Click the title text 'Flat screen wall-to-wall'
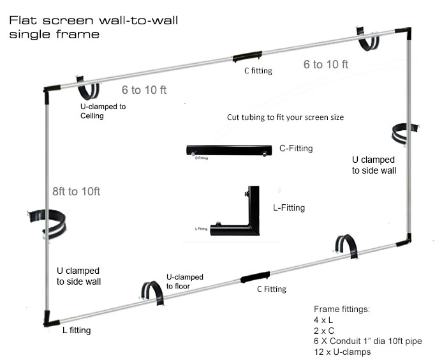pyautogui.click(x=93, y=20)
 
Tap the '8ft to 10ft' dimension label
pyautogui.click(x=77, y=191)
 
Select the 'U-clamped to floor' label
pyautogui.click(x=185, y=281)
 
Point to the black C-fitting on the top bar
pyautogui.click(x=247, y=56)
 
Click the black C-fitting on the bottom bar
pyautogui.click(x=256, y=278)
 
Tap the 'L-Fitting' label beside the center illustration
pyautogui.click(x=288, y=207)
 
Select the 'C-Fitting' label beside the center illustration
pyautogui.click(x=296, y=149)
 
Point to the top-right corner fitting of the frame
pyautogui.click(x=403, y=32)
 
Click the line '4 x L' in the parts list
pyautogui.click(x=324, y=320)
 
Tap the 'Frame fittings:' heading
pyautogui.click(x=342, y=309)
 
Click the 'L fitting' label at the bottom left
pyautogui.click(x=77, y=331)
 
